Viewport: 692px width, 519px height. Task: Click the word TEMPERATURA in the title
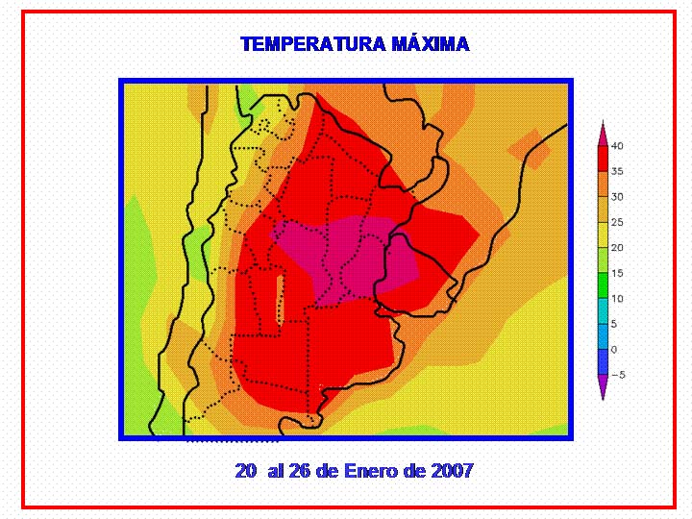pos(313,44)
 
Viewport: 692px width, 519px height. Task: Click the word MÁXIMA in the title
pos(431,43)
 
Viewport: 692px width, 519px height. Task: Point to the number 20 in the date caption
pos(245,470)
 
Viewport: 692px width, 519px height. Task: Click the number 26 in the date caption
pos(299,470)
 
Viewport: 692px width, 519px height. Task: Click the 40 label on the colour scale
pos(617,146)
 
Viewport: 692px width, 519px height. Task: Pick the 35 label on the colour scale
pos(617,171)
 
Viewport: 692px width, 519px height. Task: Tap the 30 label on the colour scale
pos(617,197)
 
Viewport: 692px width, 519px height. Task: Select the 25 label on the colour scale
pos(617,222)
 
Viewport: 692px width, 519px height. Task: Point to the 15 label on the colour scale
pos(617,273)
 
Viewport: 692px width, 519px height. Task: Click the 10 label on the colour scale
pos(617,299)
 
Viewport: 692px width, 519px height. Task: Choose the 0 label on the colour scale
pos(614,350)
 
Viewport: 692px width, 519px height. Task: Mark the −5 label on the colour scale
pos(618,375)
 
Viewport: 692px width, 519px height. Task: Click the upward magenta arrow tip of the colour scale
pos(603,121)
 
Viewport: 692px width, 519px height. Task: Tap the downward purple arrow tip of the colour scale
pos(603,399)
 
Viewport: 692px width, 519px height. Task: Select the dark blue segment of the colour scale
pos(603,362)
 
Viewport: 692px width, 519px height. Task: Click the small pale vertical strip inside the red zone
pos(280,300)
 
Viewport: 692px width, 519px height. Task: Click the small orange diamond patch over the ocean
pos(530,149)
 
